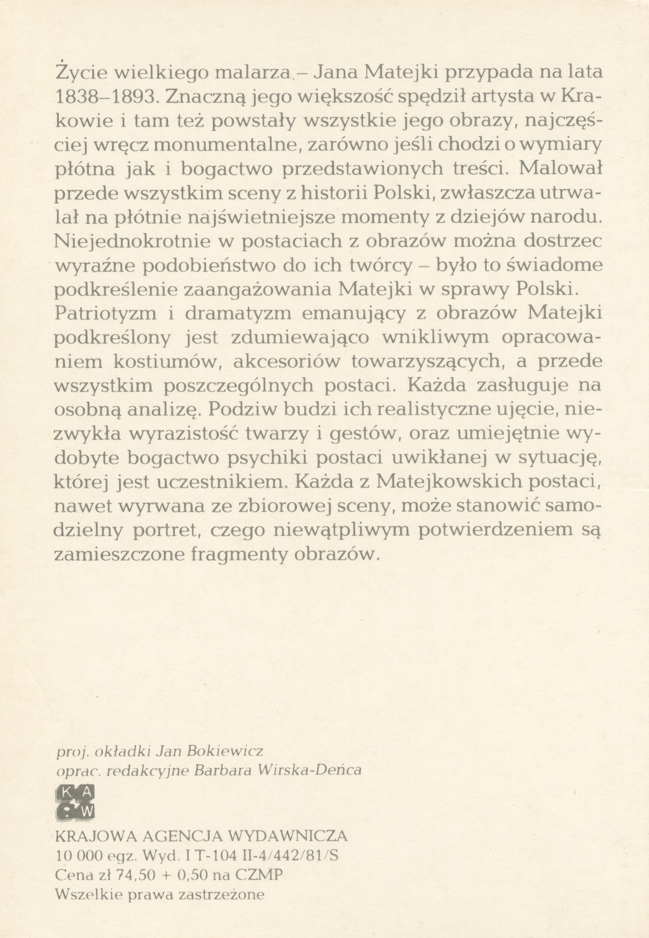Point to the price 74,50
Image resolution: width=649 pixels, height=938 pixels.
pos(113,874)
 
